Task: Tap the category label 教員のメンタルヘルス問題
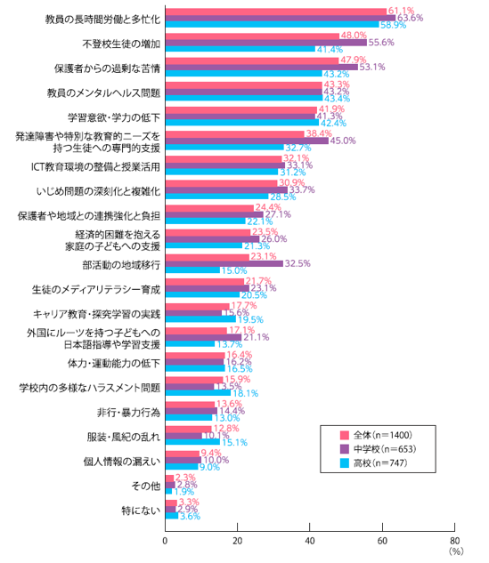click(x=103, y=92)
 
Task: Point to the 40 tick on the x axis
click(x=310, y=540)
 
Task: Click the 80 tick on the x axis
click(x=455, y=540)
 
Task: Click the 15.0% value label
click(x=233, y=270)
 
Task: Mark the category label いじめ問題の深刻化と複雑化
click(x=98, y=190)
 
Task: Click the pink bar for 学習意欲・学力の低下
click(x=240, y=109)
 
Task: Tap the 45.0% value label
click(x=343, y=141)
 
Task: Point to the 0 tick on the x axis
click(x=166, y=540)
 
